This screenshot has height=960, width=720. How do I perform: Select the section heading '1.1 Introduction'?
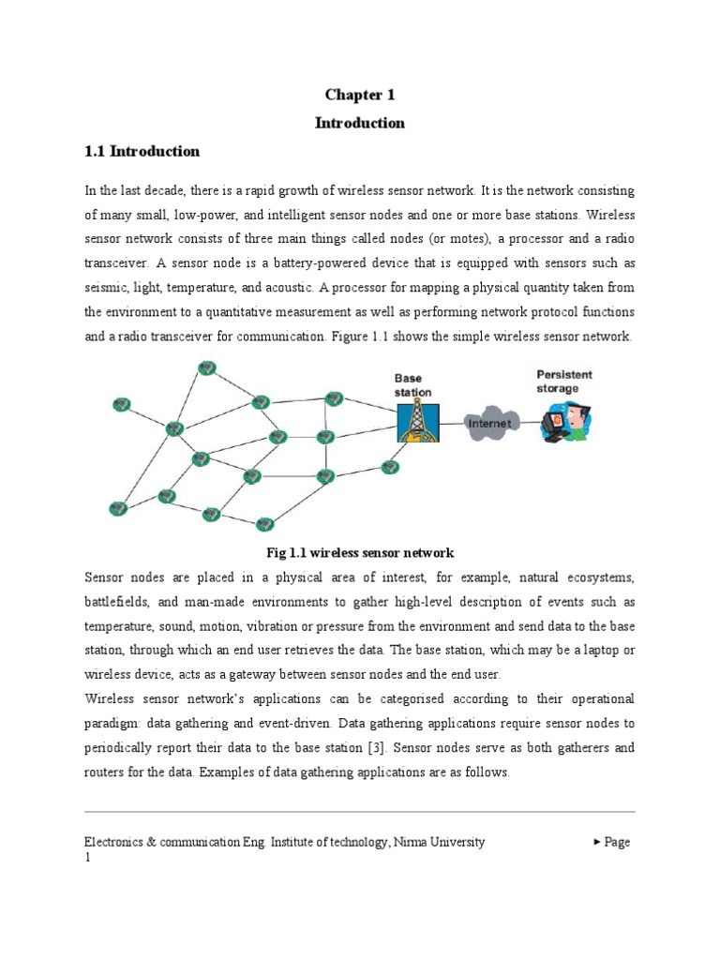[142, 151]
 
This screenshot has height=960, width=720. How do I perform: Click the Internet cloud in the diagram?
[489, 423]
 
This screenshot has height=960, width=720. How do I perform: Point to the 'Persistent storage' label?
[563, 381]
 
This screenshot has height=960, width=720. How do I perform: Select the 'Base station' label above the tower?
[412, 385]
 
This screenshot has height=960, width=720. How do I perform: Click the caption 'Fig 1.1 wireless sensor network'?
[361, 552]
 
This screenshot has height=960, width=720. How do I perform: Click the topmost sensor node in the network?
[203, 367]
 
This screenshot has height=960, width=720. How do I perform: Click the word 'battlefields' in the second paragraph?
[115, 601]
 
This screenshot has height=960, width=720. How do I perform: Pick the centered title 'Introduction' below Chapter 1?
[360, 123]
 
